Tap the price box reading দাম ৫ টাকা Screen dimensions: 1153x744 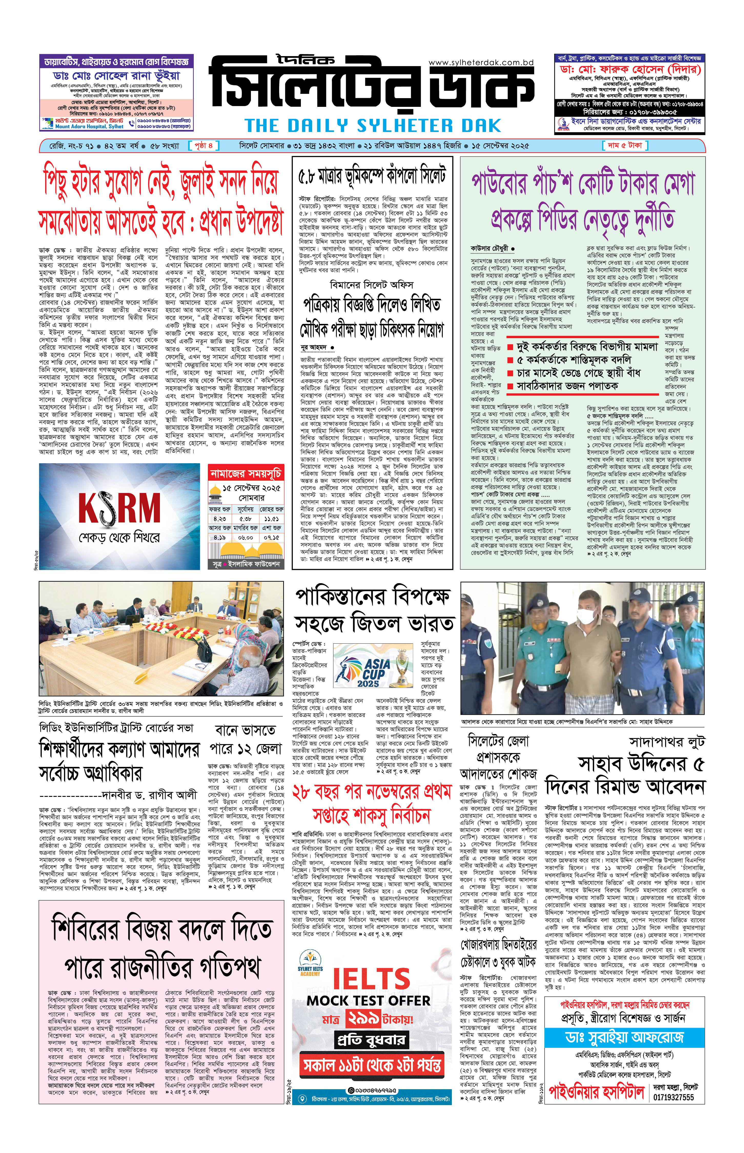625,145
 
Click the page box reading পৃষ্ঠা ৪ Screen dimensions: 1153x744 204,145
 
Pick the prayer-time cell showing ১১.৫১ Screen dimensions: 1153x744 271,518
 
